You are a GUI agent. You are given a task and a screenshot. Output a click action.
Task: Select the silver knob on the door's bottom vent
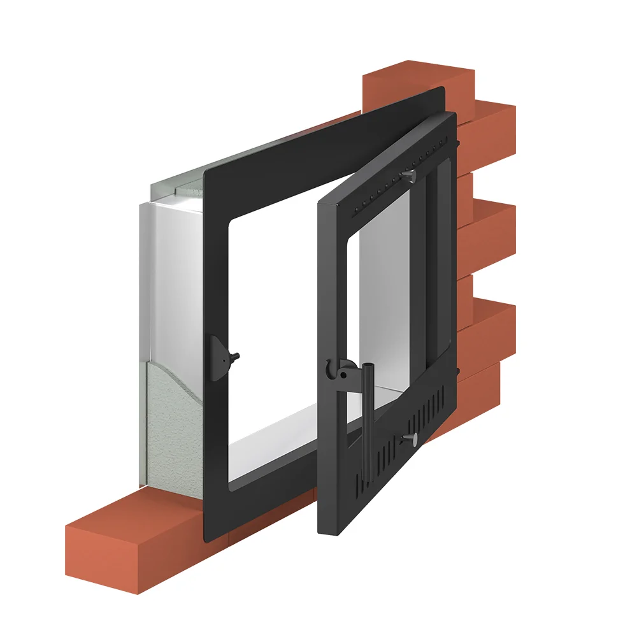point(413,439)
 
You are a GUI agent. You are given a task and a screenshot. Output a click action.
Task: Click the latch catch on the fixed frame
point(220,357)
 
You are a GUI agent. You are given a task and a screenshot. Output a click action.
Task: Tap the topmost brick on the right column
point(414,83)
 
